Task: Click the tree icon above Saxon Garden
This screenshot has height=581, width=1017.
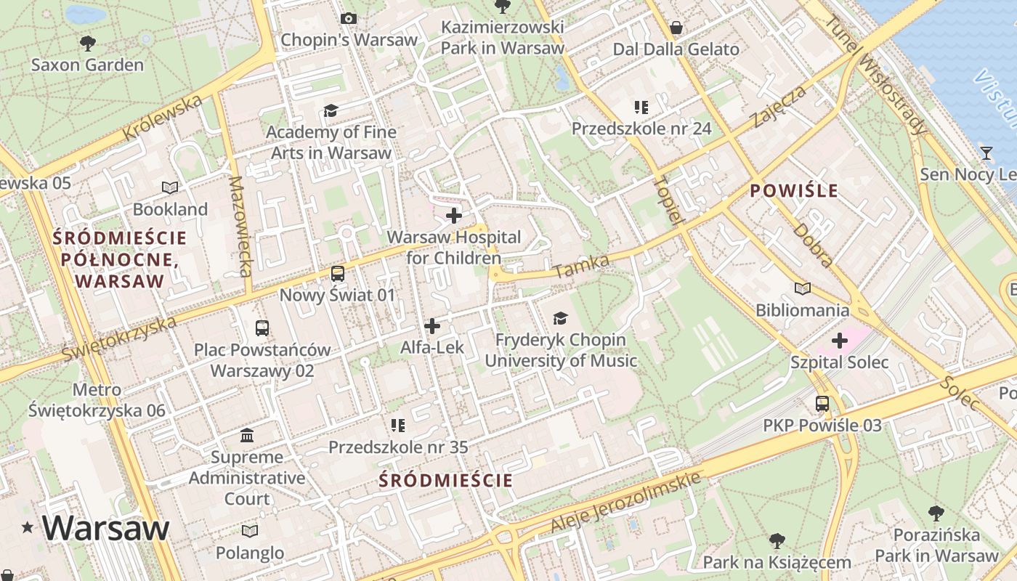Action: pyautogui.click(x=88, y=44)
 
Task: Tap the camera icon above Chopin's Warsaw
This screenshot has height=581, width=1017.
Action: pyautogui.click(x=349, y=18)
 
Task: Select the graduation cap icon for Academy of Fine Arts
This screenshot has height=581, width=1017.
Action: pyautogui.click(x=331, y=110)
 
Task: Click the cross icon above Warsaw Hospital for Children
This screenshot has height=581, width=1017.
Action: pyautogui.click(x=454, y=216)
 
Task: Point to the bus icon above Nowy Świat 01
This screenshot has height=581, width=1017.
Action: pyautogui.click(x=338, y=274)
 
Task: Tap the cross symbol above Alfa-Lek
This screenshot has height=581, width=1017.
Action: pyautogui.click(x=432, y=326)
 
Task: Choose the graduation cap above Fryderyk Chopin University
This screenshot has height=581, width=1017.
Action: pyautogui.click(x=560, y=318)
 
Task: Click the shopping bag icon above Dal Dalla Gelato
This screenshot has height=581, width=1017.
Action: pyautogui.click(x=676, y=28)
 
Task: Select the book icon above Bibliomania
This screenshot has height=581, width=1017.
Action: pyautogui.click(x=802, y=289)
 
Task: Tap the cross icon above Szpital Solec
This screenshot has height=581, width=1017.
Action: pyautogui.click(x=840, y=341)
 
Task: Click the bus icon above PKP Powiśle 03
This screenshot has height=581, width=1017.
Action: pyautogui.click(x=822, y=404)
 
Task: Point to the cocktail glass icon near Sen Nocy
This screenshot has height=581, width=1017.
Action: pyautogui.click(x=986, y=153)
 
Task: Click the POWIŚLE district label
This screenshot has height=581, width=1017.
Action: pyautogui.click(x=794, y=192)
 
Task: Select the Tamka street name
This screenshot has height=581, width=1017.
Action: pyautogui.click(x=581, y=266)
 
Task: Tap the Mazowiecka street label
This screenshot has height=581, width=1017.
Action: pyautogui.click(x=240, y=226)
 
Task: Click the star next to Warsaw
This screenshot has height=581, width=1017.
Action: pyautogui.click(x=28, y=528)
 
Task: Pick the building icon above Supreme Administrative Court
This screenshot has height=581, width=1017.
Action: pyautogui.click(x=247, y=436)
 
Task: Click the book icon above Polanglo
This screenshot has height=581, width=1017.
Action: pyautogui.click(x=250, y=532)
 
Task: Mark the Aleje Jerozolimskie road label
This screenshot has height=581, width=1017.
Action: pyautogui.click(x=625, y=502)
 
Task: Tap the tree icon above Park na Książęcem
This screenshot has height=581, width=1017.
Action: pyautogui.click(x=777, y=541)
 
